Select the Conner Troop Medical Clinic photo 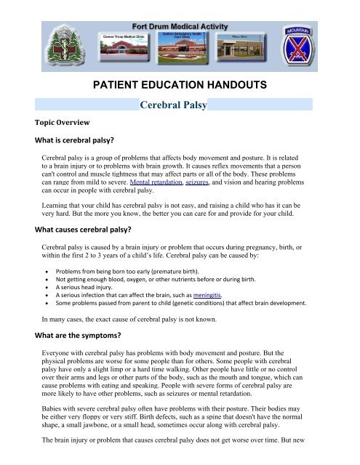pyautogui.click(x=119, y=47)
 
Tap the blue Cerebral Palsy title pyautogui.click(x=176, y=107)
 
